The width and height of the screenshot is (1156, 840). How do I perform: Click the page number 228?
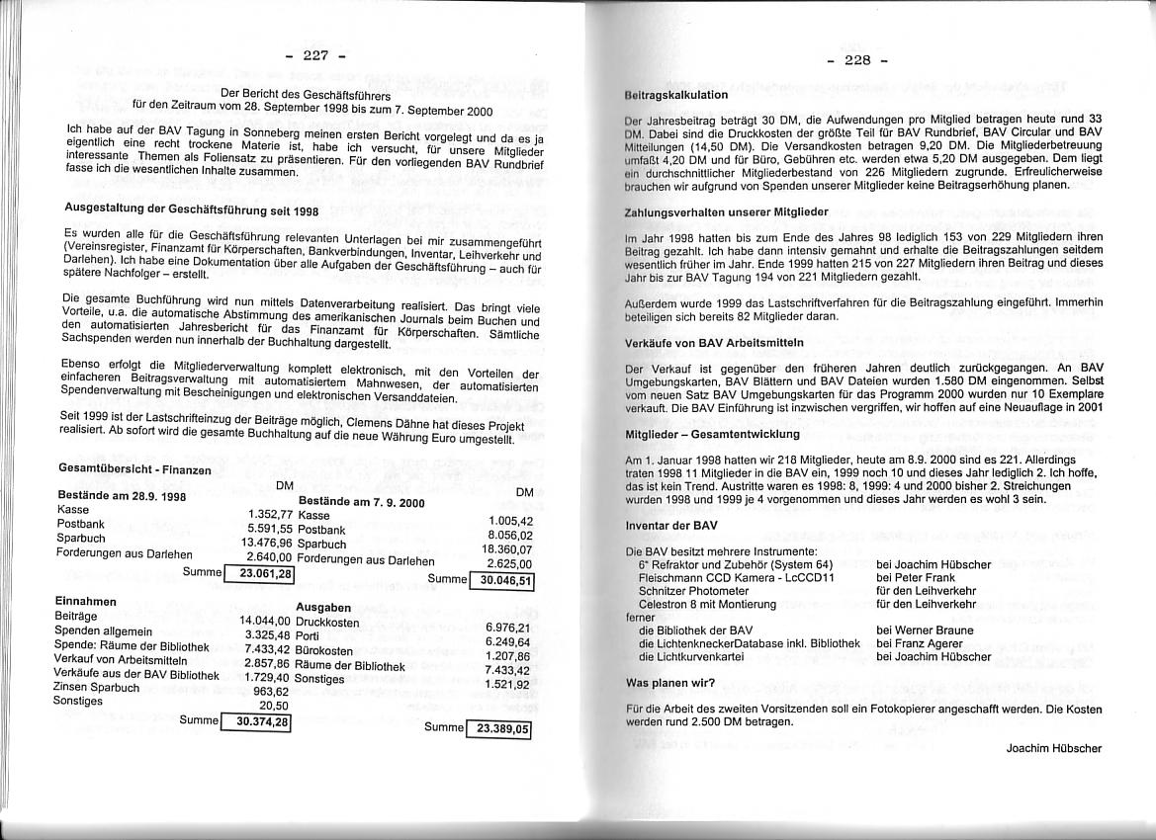click(856, 60)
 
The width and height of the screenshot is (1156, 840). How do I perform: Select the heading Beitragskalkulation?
click(676, 95)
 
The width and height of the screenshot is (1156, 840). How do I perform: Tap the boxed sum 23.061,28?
click(266, 573)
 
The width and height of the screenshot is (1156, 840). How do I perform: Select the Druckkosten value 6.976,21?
click(508, 628)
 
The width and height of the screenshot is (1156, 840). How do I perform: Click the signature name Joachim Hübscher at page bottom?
click(1053, 748)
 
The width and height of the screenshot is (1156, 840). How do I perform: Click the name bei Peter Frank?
click(916, 577)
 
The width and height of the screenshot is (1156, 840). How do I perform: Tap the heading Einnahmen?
click(86, 601)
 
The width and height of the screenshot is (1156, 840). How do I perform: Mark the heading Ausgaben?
click(323, 607)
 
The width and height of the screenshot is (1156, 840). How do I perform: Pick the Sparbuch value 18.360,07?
click(507, 549)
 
